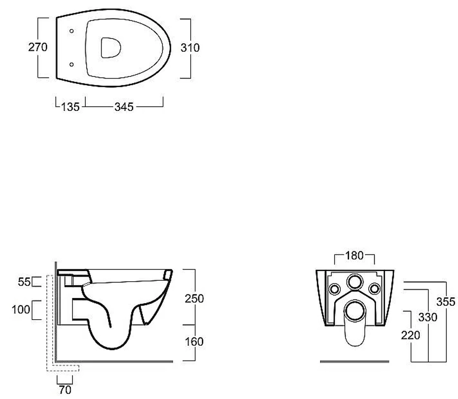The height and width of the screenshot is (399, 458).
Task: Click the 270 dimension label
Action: pos(38,47)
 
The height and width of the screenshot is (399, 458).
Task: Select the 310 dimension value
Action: pos(190,48)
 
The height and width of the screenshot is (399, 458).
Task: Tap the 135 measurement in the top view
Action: pos(70,107)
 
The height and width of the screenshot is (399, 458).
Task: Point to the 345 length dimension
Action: pos(124,107)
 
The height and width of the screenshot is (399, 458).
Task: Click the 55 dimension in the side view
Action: pos(24,282)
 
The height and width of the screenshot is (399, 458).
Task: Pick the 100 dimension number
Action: pos(21,310)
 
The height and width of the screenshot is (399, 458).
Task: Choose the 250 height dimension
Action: pos(194,299)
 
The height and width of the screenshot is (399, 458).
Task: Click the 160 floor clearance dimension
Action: pos(194,342)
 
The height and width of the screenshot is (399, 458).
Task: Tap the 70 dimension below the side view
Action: pos(65,390)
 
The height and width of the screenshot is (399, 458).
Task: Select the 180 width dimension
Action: pos(354,255)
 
